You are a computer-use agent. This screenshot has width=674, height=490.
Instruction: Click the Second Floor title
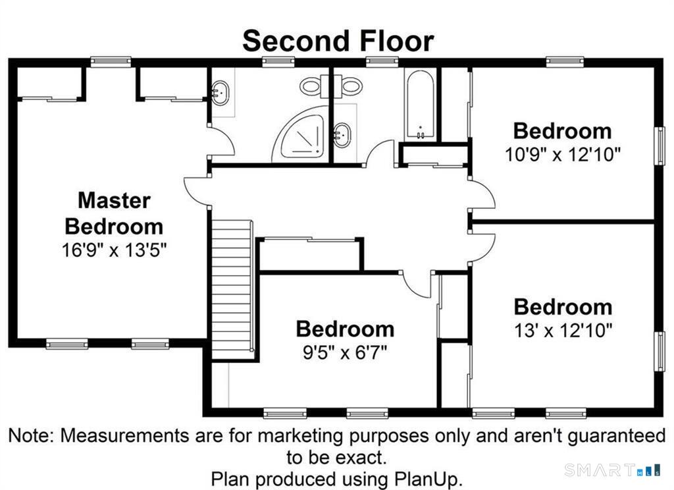coord(338,41)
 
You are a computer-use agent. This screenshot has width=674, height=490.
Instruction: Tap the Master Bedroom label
coord(114,213)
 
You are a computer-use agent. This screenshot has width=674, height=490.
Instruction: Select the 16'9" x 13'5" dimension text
coord(114,250)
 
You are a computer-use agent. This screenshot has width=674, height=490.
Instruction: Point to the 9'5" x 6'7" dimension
coord(345,353)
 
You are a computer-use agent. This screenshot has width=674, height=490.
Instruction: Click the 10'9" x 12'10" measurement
coord(563,154)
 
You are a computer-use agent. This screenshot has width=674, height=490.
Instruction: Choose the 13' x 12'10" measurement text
coord(563,331)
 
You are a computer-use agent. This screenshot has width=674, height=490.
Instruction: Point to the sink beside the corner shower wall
coord(342,135)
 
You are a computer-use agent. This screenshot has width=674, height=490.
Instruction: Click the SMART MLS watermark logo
coord(612,470)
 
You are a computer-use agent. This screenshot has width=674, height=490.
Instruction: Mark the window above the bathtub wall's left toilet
coord(278,61)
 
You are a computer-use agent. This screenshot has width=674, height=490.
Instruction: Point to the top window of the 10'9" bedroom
coord(565,61)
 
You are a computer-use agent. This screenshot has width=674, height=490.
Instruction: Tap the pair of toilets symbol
coord(331,86)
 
